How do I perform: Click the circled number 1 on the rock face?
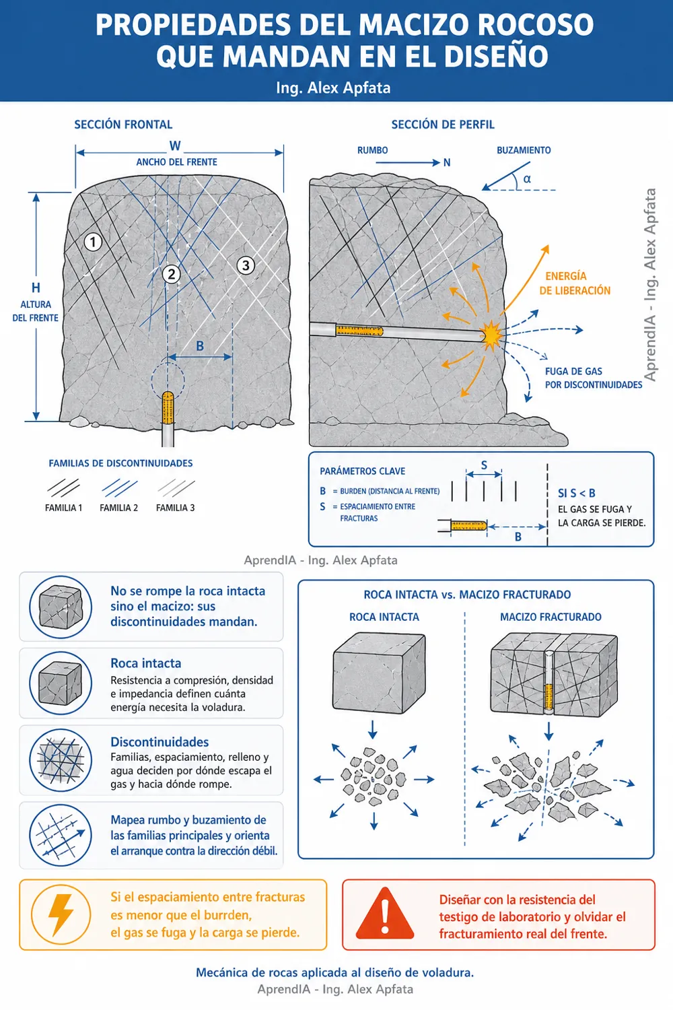click(x=93, y=242)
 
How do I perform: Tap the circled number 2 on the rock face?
click(x=172, y=274)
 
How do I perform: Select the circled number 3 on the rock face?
click(x=246, y=265)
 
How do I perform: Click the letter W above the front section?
click(x=175, y=146)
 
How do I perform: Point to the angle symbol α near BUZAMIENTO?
click(x=527, y=179)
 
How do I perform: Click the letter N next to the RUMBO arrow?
click(x=447, y=163)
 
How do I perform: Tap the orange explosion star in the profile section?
click(x=491, y=335)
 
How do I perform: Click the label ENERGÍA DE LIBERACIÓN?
click(x=575, y=283)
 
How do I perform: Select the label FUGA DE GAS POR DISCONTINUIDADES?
click(x=594, y=378)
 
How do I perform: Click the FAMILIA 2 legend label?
click(x=118, y=508)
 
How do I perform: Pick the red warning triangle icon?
click(x=384, y=914)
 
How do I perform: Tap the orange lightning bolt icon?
click(x=61, y=915)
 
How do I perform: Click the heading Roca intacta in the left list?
click(x=146, y=663)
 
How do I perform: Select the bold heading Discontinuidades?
click(x=160, y=742)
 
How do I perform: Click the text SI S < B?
click(x=577, y=494)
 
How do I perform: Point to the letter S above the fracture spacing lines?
click(x=484, y=465)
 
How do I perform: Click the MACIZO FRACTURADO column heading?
click(x=551, y=617)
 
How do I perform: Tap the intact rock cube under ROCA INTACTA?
click(x=379, y=672)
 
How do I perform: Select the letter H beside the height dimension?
click(x=36, y=288)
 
